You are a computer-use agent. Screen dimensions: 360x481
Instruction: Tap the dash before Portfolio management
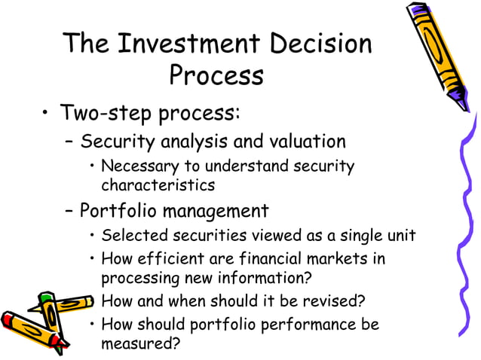69,211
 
